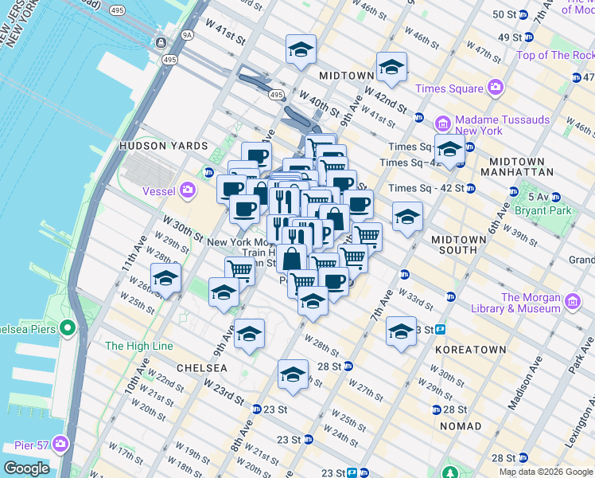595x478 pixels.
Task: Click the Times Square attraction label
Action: coord(454,88)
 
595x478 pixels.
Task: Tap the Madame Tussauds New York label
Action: coord(502,125)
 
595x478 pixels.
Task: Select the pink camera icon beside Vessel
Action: coord(188,190)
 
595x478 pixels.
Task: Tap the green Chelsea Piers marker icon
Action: coord(67,327)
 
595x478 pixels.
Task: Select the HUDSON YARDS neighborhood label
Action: coord(163,147)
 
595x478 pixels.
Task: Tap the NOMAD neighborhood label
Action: coord(461,426)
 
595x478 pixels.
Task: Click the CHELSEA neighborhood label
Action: coord(201,368)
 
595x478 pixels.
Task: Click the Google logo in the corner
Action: coord(26,468)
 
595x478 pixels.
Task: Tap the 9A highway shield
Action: coord(187,34)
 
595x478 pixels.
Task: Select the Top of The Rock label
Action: coord(554,55)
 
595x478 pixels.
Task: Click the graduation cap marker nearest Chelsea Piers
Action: coord(165,278)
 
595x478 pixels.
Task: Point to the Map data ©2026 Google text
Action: coord(546,472)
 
